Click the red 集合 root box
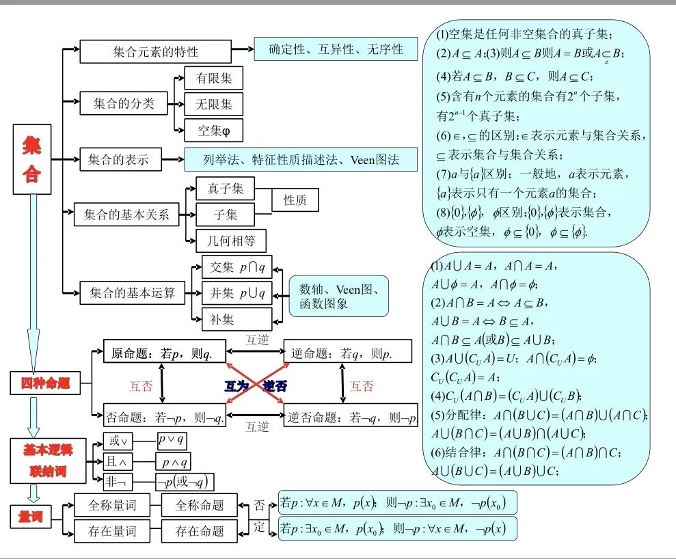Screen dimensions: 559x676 (x=32, y=159)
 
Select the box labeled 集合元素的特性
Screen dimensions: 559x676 (x=155, y=51)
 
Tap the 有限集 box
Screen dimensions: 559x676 (x=214, y=79)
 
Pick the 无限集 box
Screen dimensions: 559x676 (x=214, y=104)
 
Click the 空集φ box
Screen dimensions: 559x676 (x=214, y=129)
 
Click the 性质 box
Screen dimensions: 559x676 (x=295, y=200)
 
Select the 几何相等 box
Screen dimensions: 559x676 (x=230, y=241)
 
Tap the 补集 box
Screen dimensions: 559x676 (x=236, y=319)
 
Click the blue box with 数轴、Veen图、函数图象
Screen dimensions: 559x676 (x=338, y=297)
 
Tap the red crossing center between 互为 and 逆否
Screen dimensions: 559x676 (x=256, y=385)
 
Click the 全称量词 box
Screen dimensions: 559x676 (x=112, y=506)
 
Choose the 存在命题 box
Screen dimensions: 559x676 (x=200, y=531)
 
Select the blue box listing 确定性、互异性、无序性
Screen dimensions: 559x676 (x=336, y=49)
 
